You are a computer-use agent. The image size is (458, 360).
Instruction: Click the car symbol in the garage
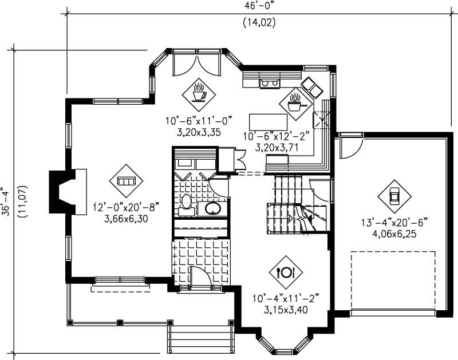tap(394, 195)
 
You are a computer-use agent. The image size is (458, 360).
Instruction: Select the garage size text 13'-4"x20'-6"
tap(394, 222)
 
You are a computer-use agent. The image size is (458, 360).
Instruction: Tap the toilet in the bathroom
tap(186, 203)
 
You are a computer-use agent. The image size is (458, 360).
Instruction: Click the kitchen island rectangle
tap(268, 122)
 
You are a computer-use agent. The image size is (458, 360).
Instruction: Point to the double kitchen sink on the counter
tap(269, 84)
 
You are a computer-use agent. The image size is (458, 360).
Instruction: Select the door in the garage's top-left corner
tap(349, 147)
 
